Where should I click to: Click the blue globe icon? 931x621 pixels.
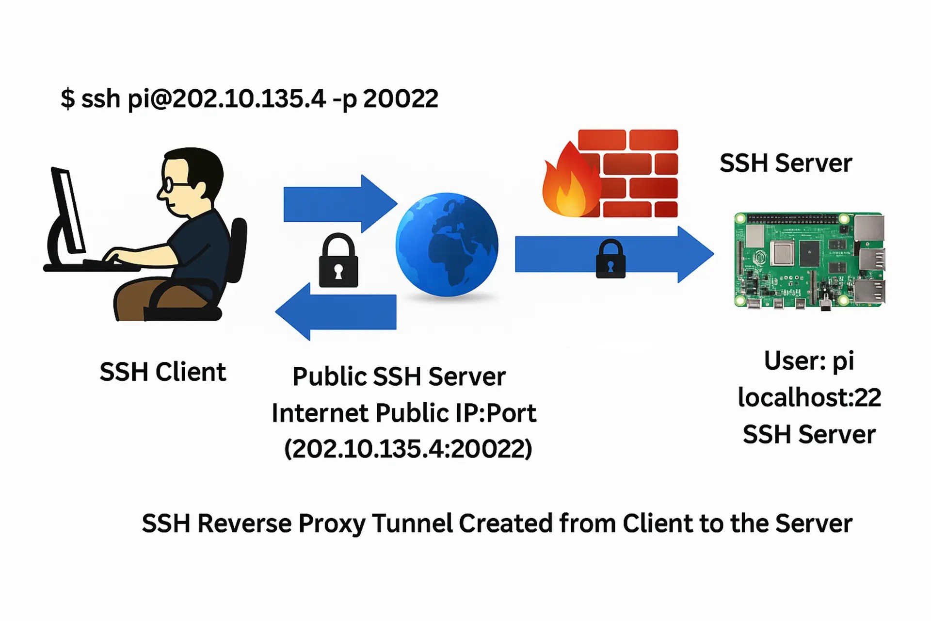(447, 245)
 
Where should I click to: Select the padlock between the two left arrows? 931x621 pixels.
(338, 262)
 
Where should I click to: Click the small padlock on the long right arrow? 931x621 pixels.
(610, 260)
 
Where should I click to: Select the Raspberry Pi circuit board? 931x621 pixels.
(809, 260)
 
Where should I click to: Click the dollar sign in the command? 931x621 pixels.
(67, 98)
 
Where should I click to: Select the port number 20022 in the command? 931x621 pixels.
(401, 98)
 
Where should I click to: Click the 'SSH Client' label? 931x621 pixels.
(162, 372)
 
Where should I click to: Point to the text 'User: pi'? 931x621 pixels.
(809, 360)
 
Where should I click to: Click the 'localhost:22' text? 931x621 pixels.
(809, 397)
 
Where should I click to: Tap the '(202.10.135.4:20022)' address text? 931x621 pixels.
(408, 448)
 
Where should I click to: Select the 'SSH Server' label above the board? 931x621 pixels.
(785, 163)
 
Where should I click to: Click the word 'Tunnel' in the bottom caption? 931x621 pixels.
(413, 523)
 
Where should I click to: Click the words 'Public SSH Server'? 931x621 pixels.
(399, 376)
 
